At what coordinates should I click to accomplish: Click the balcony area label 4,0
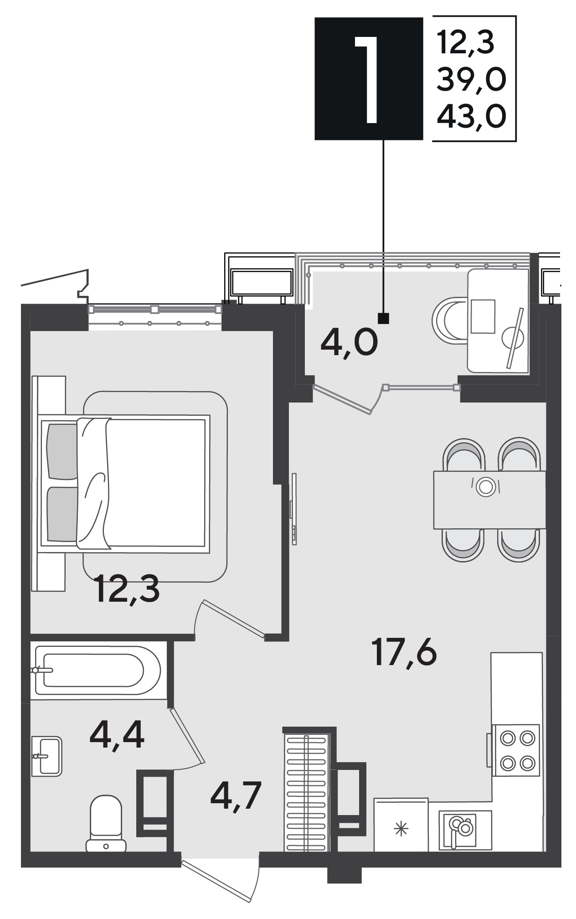tap(349, 343)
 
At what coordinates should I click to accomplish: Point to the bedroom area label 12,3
tap(128, 589)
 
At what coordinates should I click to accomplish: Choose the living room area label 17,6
tap(404, 652)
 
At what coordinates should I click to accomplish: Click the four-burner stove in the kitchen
tap(516, 750)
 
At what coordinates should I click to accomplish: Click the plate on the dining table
tap(486, 486)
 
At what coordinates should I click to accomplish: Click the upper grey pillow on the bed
tap(62, 452)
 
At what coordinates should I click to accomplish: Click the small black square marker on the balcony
tap(384, 318)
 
